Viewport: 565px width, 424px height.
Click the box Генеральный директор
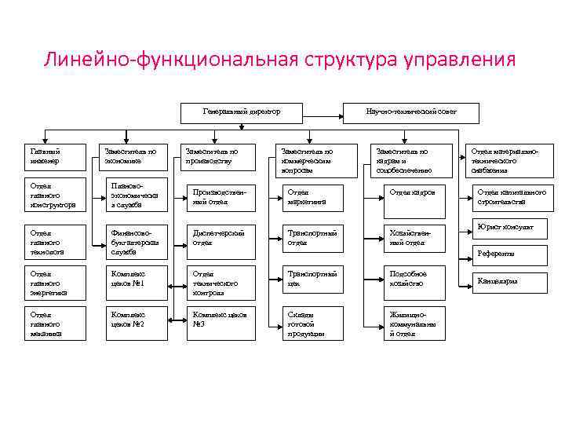[241, 113]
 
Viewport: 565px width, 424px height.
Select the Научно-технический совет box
[410, 113]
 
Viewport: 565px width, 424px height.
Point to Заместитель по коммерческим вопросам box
[312, 159]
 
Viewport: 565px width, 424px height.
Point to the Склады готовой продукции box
[312, 322]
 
